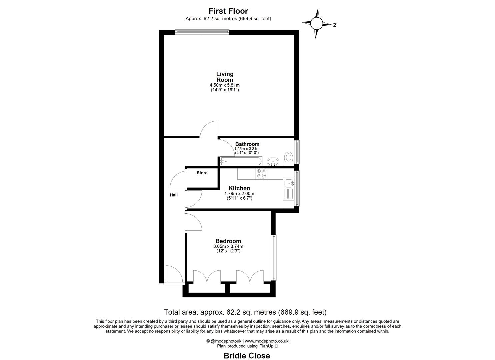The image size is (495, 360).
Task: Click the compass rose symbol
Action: pos(317,23)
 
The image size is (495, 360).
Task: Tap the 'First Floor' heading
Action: pos(228,11)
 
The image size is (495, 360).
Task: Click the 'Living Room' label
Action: pos(225,77)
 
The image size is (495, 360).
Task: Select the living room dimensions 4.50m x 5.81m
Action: pos(225,85)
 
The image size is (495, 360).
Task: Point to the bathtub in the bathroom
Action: pos(241,161)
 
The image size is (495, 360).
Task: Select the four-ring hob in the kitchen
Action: pos(261,174)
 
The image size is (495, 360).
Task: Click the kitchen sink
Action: pos(288,183)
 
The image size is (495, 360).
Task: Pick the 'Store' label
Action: pos(202,173)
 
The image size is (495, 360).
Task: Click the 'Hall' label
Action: pos(174,195)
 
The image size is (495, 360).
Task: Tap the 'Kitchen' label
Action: pos(239,188)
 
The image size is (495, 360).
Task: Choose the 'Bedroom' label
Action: pos(228,241)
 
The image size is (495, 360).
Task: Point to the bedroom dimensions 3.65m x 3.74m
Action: pos(228,247)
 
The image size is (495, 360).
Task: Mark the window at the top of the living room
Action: pos(202,32)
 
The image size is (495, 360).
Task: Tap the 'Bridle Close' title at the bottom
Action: pos(247,356)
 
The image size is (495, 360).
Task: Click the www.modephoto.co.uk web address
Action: pos(267,341)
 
